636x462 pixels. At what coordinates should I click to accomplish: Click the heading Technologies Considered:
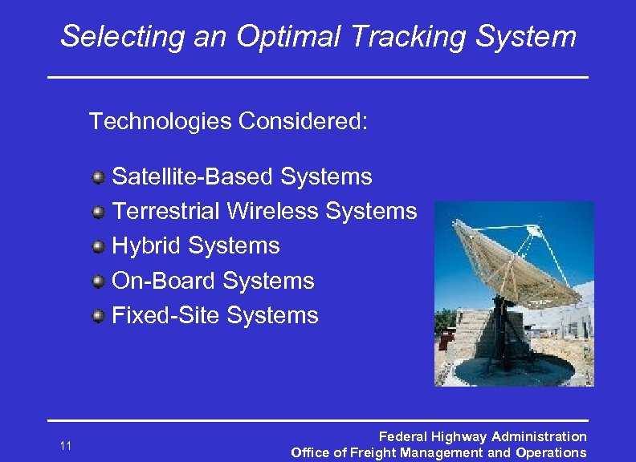[x=228, y=121]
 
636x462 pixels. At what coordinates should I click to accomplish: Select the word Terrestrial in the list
[x=166, y=211]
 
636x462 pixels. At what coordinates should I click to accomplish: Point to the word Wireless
[x=272, y=211]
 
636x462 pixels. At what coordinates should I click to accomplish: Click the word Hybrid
[x=147, y=245]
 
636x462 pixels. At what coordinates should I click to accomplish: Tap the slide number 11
[x=66, y=446]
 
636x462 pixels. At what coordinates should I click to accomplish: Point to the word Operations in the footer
[x=552, y=453]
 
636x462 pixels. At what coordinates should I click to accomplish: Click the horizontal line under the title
[x=318, y=77]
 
